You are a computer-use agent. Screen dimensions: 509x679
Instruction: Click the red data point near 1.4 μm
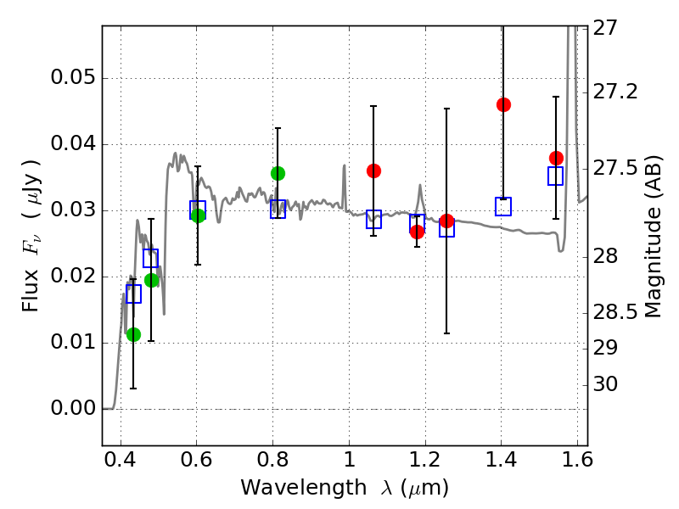[503, 104]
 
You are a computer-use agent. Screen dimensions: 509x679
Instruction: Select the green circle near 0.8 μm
[278, 173]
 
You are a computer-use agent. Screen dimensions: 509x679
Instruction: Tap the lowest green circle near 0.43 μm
[133, 334]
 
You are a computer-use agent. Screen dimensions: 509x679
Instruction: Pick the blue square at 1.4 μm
[503, 206]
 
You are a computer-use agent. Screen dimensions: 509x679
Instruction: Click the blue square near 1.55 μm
[556, 176]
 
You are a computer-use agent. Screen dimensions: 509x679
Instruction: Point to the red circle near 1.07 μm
[373, 171]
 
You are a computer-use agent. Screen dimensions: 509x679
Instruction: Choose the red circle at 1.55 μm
[556, 158]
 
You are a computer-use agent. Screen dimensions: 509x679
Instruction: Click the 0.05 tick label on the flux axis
[72, 78]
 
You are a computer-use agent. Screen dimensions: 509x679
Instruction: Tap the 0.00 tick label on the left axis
[72, 409]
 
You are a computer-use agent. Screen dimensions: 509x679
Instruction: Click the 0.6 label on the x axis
[196, 462]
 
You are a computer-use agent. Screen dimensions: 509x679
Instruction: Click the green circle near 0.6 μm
[198, 215]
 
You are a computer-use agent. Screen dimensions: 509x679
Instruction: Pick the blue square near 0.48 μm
[150, 258]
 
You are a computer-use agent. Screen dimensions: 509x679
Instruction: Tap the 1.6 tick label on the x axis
[577, 462]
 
